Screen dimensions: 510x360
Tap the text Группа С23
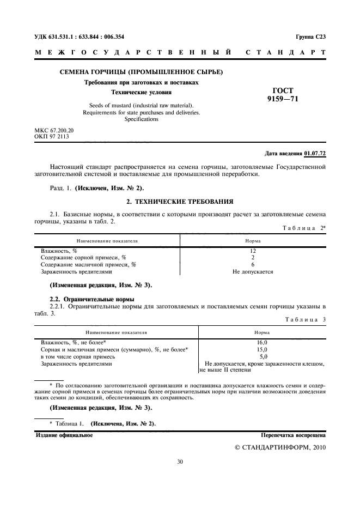(310, 37)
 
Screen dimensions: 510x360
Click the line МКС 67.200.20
(54, 131)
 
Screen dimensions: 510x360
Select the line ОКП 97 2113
(52, 137)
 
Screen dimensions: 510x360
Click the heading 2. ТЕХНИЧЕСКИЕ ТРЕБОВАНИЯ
(180, 202)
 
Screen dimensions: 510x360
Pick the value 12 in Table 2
(253, 251)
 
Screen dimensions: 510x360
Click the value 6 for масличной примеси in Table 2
(253, 264)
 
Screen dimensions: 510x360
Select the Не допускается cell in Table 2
(253, 271)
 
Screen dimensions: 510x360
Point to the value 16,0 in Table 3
(262, 342)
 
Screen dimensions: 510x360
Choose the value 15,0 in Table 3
(262, 349)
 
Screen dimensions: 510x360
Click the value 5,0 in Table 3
(262, 356)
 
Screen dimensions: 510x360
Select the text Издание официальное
(64, 435)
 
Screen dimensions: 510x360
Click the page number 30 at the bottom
(180, 462)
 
